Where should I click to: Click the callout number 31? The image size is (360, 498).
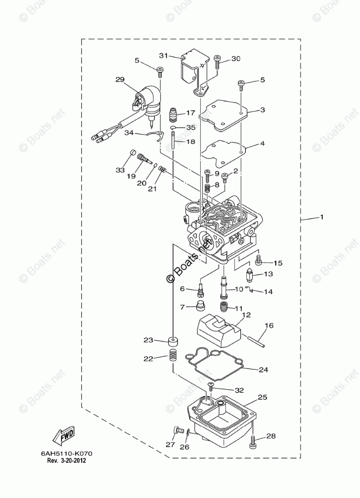coord(163,55)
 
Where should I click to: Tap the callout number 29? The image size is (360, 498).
coord(119,79)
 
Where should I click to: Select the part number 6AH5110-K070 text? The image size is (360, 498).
coord(67,454)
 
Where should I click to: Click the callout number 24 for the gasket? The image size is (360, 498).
coord(263,369)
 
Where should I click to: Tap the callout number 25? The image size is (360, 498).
coord(262,397)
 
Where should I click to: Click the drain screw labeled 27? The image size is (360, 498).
coord(177,430)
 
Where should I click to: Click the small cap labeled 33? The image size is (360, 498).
coord(133,152)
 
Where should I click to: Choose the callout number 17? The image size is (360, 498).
coord(191,113)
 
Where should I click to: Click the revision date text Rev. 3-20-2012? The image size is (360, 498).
coord(67,461)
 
